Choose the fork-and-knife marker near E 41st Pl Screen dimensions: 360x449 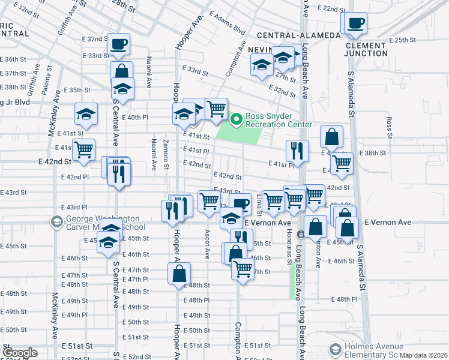pyautogui.click(x=297, y=150)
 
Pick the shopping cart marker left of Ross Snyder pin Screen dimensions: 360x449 pyautogui.click(x=216, y=109)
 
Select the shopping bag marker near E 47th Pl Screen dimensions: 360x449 pyautogui.click(x=179, y=274)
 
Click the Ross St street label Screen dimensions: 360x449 pyautogui.click(x=390, y=127)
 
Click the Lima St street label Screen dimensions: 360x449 pyautogui.click(x=259, y=204)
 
